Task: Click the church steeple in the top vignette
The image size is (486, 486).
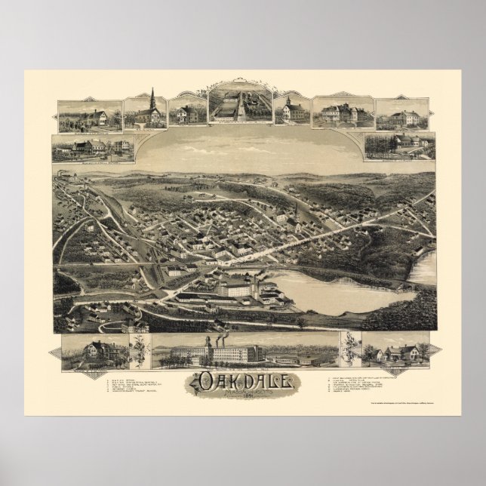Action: (152, 99)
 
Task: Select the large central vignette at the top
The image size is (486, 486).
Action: (240, 106)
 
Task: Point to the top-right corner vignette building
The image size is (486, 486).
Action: (402, 115)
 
